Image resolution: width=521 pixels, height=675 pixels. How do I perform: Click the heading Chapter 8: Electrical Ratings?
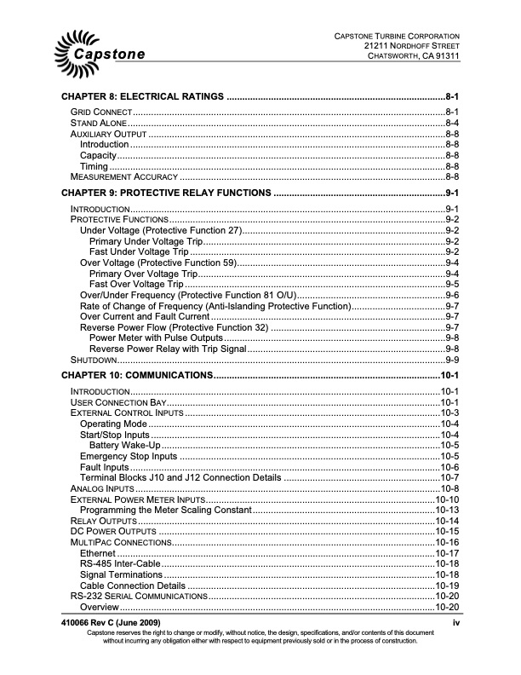(x=140, y=97)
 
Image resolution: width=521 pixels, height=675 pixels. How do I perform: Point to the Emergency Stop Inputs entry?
(x=129, y=456)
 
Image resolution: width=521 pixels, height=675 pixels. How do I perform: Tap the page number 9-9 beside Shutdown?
(x=452, y=360)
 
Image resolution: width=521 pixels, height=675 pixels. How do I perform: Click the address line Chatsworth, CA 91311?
(x=414, y=56)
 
